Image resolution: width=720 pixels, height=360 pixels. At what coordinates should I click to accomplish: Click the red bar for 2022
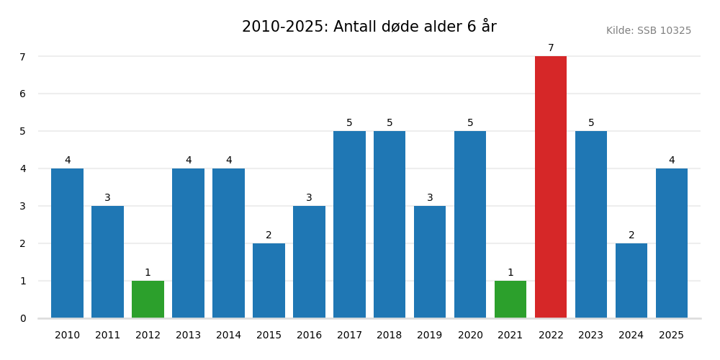tap(551, 187)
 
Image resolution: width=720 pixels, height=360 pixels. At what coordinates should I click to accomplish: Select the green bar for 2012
tap(148, 300)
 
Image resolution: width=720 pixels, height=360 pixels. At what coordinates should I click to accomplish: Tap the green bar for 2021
tap(510, 300)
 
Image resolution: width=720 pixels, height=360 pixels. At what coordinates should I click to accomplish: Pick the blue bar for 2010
tap(67, 243)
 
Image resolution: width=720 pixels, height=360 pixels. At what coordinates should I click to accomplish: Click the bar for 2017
tap(349, 225)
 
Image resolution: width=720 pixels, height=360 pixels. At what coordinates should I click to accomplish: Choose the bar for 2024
tap(631, 281)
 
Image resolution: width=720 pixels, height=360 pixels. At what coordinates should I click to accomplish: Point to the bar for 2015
tap(269, 281)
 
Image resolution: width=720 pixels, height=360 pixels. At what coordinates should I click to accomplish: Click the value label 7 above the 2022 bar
tap(551, 48)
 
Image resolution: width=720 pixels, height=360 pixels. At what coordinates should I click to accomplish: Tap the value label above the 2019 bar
tap(430, 198)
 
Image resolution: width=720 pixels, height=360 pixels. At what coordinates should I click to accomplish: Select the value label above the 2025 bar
tap(672, 161)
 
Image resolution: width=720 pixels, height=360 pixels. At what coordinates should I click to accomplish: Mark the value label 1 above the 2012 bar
tap(148, 273)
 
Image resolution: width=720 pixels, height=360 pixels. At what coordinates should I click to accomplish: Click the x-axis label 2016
tap(309, 336)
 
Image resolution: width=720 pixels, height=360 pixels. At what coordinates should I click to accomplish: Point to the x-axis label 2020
tap(470, 336)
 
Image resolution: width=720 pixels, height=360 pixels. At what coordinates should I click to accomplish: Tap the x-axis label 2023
tap(591, 336)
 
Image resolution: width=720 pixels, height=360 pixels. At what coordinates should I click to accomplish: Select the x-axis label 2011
tap(107, 336)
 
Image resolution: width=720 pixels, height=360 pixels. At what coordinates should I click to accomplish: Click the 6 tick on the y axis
tap(22, 94)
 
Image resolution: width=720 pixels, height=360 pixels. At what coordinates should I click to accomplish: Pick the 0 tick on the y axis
tap(22, 318)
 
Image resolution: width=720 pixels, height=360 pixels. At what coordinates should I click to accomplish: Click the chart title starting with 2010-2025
tap(369, 27)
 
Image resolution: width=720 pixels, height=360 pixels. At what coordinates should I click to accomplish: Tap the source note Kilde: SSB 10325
tap(648, 31)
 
